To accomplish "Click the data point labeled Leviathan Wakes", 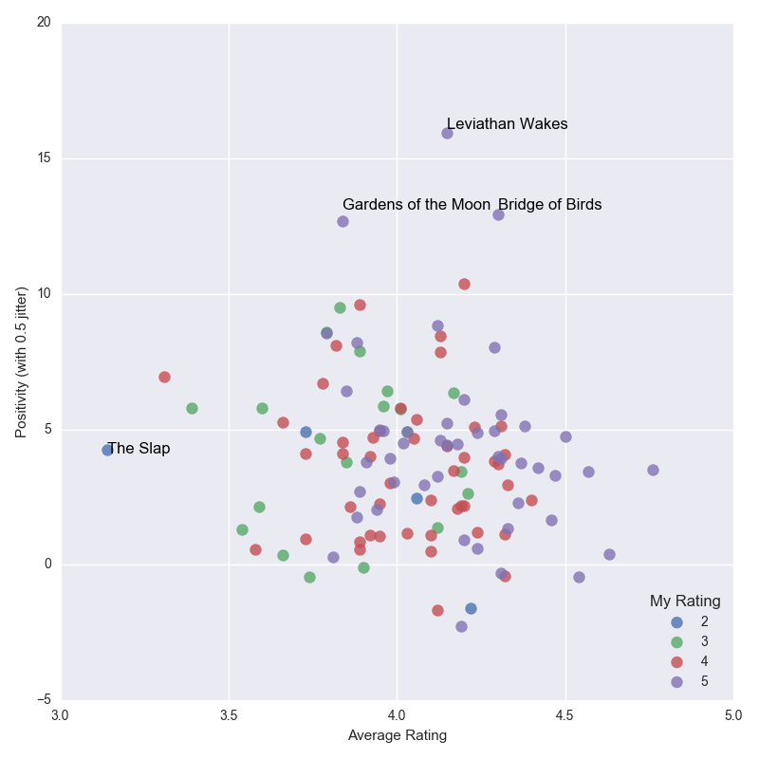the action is [x=447, y=133].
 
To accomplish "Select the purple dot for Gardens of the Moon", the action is [x=342, y=222].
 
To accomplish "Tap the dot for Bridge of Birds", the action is [x=499, y=215].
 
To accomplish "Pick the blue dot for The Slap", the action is [x=107, y=450].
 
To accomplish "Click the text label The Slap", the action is [x=139, y=448].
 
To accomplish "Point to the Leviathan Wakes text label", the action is [x=508, y=124].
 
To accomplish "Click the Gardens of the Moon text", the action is [x=417, y=204].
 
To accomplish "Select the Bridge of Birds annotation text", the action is [x=550, y=204].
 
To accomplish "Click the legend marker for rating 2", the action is [x=676, y=622].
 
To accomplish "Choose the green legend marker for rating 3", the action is [x=676, y=642].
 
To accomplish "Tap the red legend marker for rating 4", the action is [x=676, y=661].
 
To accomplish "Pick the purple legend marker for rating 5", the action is [x=676, y=681].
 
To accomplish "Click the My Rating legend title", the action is [x=685, y=601].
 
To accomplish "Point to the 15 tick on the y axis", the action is [x=44, y=157].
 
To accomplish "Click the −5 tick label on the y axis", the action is [x=44, y=699].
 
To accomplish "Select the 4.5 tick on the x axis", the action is [x=565, y=715].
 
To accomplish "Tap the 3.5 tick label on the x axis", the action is [x=229, y=715].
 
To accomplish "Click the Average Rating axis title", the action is [x=398, y=735].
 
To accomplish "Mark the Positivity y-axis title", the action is [x=21, y=362].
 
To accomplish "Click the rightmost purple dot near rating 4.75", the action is [x=653, y=470].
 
